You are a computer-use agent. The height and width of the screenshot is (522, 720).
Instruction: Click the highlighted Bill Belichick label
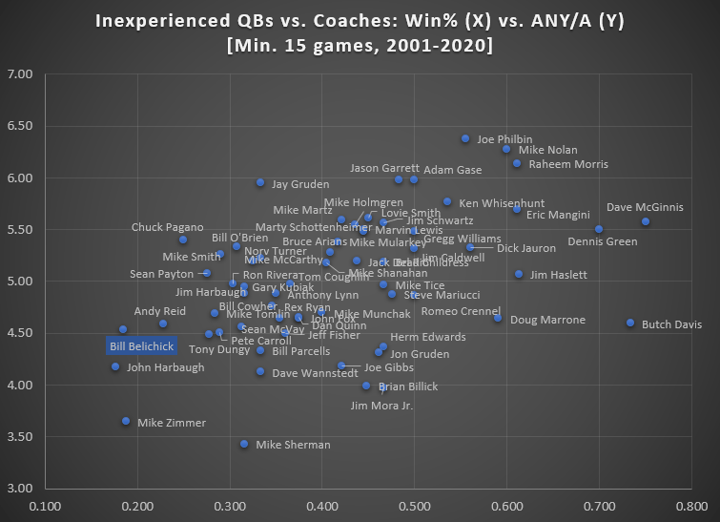tap(140, 345)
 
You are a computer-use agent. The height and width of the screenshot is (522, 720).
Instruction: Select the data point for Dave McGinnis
tap(646, 221)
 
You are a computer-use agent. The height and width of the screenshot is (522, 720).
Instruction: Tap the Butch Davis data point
tap(630, 323)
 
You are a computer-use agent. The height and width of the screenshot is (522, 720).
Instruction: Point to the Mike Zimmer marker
tap(126, 421)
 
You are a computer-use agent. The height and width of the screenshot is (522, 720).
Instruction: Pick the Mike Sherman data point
tap(244, 444)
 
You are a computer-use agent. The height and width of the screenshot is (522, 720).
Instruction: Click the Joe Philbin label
tap(504, 139)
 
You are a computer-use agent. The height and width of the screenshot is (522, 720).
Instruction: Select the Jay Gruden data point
tap(260, 182)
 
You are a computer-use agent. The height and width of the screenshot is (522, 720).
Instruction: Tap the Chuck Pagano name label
tap(167, 227)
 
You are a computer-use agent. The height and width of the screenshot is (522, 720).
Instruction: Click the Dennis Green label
tap(602, 241)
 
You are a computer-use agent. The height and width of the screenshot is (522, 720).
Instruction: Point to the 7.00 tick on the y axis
tap(20, 74)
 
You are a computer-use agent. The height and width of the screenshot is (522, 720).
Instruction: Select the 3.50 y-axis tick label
tap(20, 437)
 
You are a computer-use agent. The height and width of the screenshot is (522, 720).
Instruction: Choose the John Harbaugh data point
tap(115, 366)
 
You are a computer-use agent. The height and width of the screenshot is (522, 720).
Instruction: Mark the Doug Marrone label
tap(547, 320)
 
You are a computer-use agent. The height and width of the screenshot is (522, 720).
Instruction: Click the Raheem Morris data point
tap(517, 163)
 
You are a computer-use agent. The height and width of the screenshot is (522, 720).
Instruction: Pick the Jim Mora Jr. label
tap(381, 406)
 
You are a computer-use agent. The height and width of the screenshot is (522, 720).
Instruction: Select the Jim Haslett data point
tap(519, 274)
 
